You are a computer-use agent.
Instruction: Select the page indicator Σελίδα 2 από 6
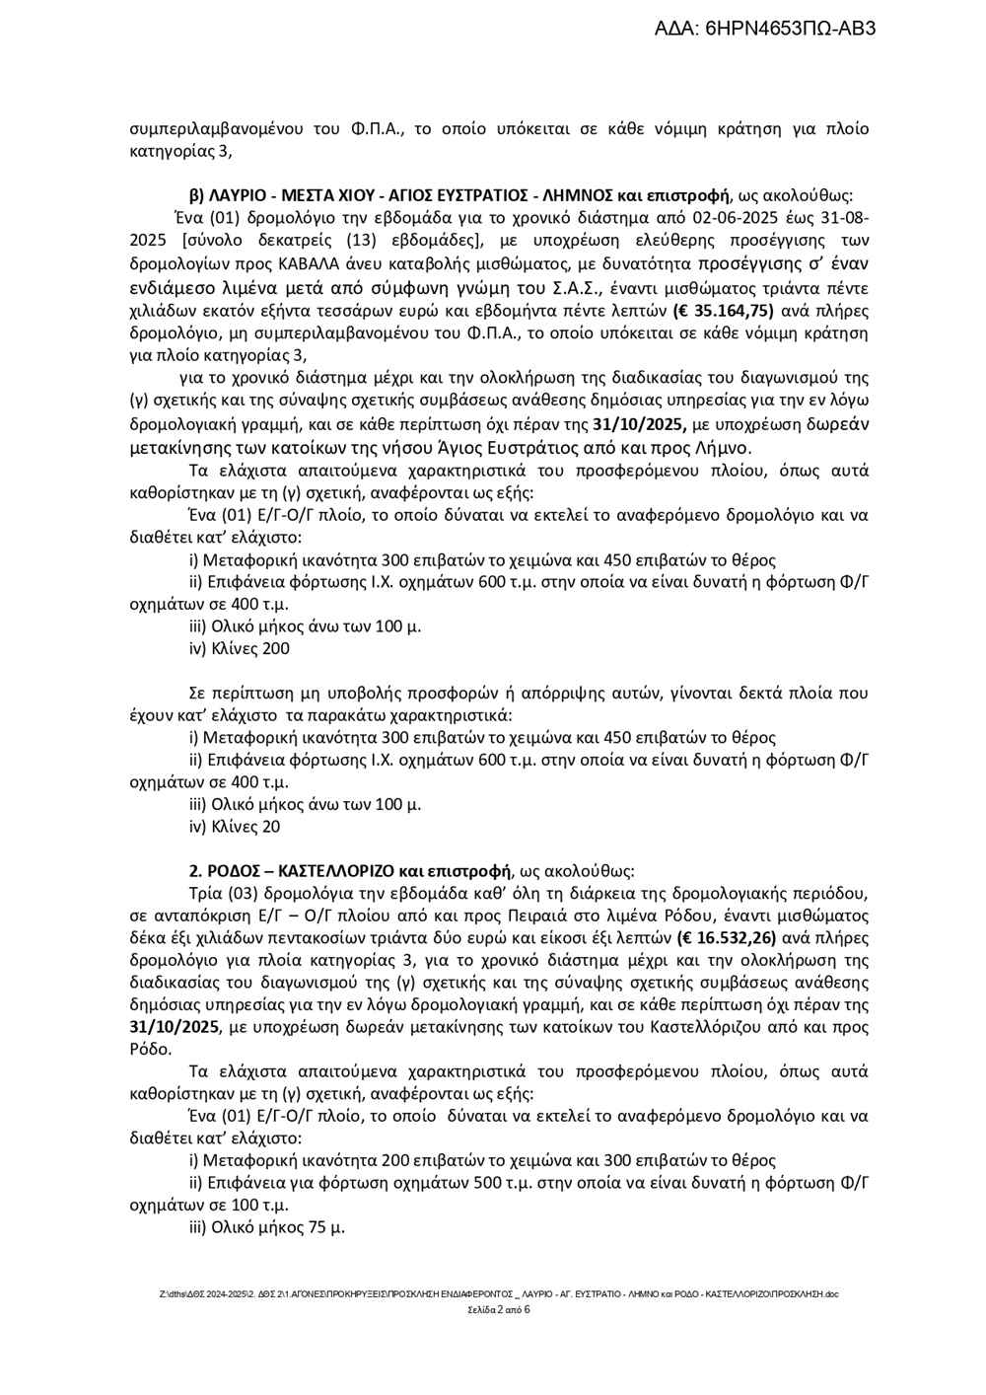pyautogui.click(x=499, y=1310)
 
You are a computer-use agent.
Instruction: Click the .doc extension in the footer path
pyautogui.click(x=830, y=1293)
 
